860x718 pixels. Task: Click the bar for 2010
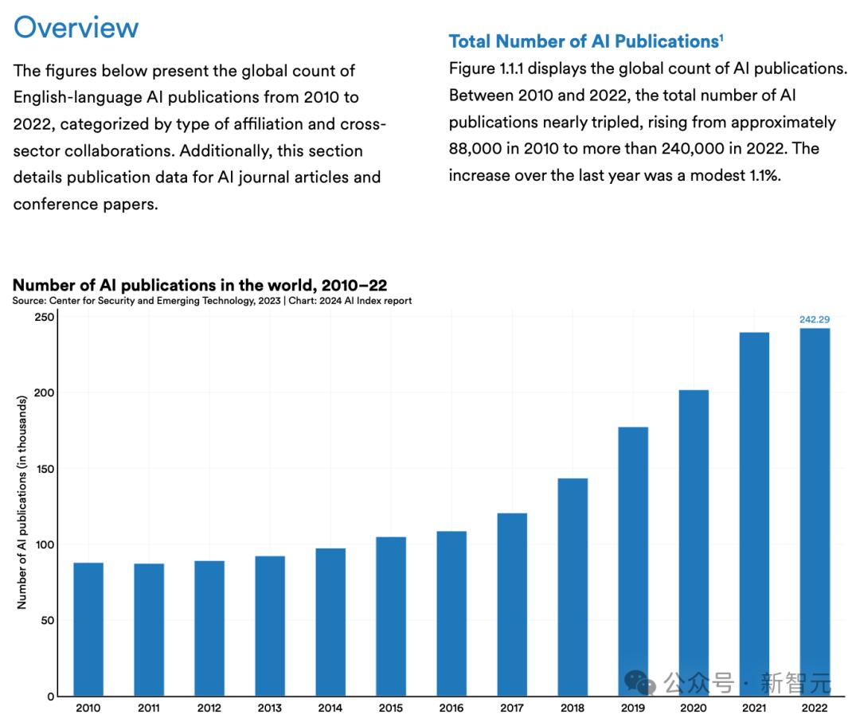88,629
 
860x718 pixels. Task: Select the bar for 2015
391,616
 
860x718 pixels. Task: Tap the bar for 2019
633,561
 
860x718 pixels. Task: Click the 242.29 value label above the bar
815,319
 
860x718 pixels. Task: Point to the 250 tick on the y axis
45,317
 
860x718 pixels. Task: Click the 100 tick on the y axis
45,544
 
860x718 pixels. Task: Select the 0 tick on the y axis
50,697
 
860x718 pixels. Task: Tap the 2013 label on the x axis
270,708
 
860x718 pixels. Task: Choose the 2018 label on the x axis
573,708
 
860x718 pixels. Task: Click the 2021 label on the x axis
754,708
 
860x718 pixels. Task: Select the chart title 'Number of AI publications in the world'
200,285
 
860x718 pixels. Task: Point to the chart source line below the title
212,301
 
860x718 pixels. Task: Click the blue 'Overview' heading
76,27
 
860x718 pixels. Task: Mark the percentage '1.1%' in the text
760,175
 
